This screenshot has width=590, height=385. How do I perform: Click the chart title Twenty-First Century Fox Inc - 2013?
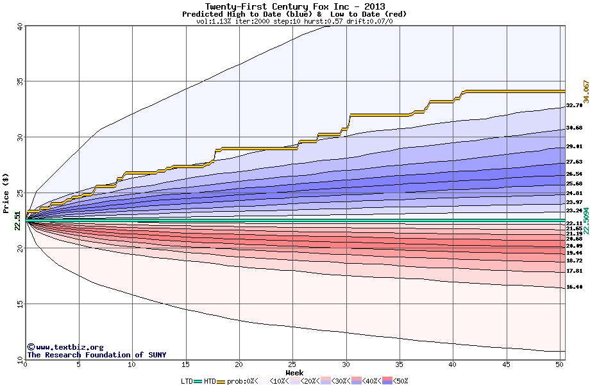[294, 6]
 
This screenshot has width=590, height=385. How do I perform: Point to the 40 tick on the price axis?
[20, 27]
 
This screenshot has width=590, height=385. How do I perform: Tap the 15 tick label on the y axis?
[20, 304]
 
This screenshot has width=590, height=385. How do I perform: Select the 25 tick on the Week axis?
[292, 364]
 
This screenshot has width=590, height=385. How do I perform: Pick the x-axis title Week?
[294, 373]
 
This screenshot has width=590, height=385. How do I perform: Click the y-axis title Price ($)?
[6, 193]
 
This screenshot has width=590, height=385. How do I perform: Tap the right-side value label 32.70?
[574, 105]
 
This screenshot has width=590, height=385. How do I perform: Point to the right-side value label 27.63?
[574, 162]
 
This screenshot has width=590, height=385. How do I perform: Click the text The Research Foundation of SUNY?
[96, 355]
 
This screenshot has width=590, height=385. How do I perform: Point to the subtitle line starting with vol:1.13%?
[294, 21]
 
